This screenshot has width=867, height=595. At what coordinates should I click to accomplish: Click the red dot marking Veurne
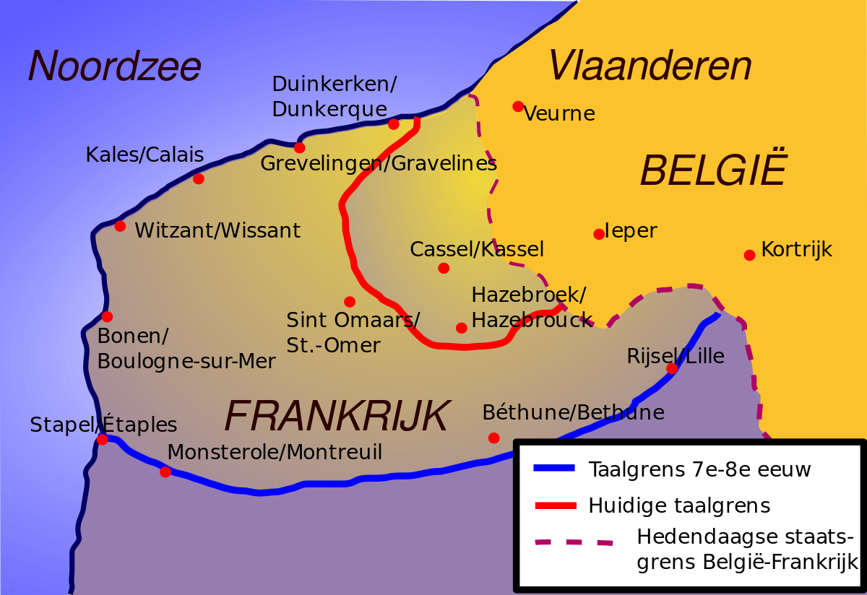pyautogui.click(x=518, y=106)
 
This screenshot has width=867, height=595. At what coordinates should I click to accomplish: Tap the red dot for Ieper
pyautogui.click(x=599, y=234)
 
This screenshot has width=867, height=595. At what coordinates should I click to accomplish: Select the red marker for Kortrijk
pyautogui.click(x=749, y=255)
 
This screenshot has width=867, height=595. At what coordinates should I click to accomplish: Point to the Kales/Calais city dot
pyautogui.click(x=199, y=178)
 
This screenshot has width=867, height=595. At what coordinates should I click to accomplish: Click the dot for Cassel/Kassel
pyautogui.click(x=444, y=268)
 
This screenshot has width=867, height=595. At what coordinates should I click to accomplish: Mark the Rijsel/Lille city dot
pyautogui.click(x=672, y=368)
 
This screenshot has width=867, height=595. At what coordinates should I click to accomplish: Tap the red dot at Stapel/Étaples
pyautogui.click(x=103, y=439)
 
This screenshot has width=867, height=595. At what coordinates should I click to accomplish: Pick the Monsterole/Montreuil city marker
pyautogui.click(x=165, y=472)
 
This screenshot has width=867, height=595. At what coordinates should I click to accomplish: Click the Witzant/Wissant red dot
pyautogui.click(x=120, y=226)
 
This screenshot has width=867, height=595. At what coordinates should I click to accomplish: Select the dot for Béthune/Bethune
pyautogui.click(x=493, y=438)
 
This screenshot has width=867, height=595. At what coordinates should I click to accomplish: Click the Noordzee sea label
pyautogui.click(x=114, y=66)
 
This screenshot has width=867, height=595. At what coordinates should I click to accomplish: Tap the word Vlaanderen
pyautogui.click(x=650, y=66)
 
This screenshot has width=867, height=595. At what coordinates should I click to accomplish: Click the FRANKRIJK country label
pyautogui.click(x=337, y=415)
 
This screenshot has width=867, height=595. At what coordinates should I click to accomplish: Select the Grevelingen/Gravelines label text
pyautogui.click(x=379, y=164)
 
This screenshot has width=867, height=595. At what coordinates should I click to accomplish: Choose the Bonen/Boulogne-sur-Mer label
pyautogui.click(x=186, y=349)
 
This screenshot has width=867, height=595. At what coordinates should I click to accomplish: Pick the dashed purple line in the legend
pyautogui.click(x=574, y=541)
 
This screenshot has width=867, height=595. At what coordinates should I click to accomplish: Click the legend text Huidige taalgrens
pyautogui.click(x=679, y=505)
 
